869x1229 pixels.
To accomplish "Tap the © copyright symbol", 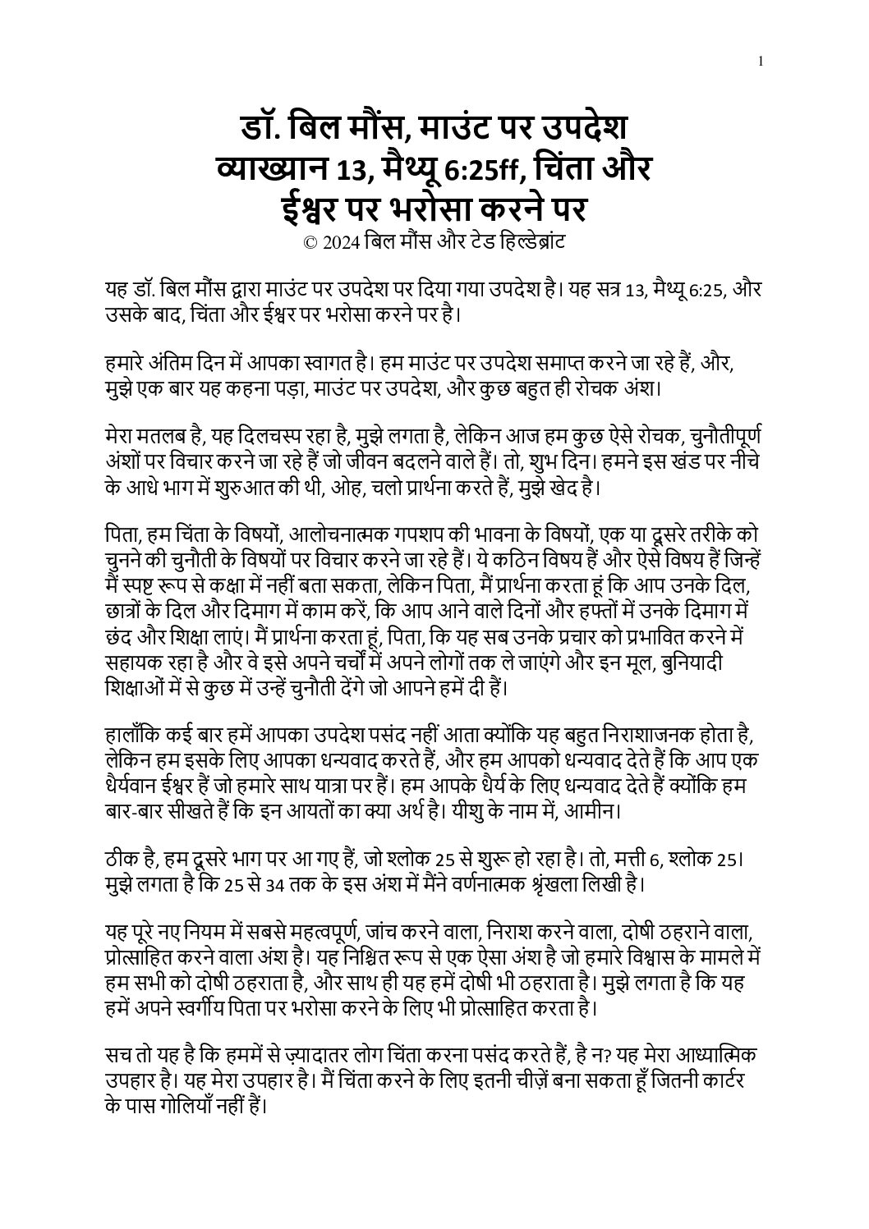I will point(310,243).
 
